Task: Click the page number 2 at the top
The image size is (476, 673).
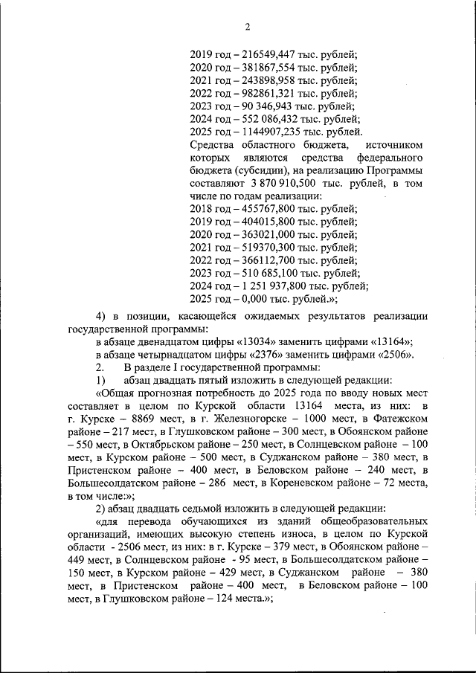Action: pyautogui.click(x=247, y=28)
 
